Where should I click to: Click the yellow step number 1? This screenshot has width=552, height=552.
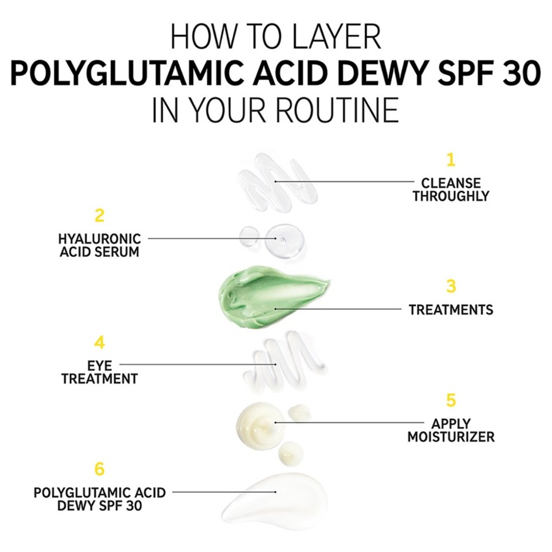(x=451, y=160)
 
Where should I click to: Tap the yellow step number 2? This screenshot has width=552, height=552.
(x=99, y=216)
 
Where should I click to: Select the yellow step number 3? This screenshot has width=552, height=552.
(x=451, y=286)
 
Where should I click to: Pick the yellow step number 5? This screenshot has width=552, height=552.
(x=451, y=401)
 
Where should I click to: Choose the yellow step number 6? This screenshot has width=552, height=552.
(x=99, y=470)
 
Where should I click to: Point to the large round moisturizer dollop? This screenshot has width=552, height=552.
(x=258, y=423)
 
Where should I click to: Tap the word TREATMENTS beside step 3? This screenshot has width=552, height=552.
(x=451, y=310)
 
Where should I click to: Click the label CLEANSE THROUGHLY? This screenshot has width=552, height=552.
(x=451, y=190)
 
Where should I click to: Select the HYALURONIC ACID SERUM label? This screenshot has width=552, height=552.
(x=99, y=245)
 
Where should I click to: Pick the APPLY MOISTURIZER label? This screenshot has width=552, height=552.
(x=451, y=431)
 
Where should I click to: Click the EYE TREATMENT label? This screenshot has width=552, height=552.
(x=99, y=372)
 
